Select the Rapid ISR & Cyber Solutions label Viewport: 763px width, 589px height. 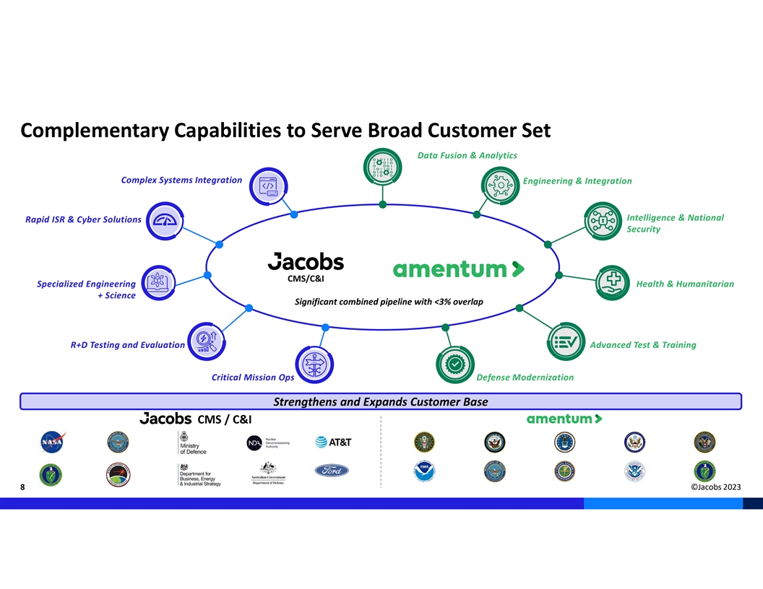click(x=83, y=219)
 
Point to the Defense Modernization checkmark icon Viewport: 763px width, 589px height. click(x=454, y=365)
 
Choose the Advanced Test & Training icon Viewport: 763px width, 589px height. click(x=566, y=341)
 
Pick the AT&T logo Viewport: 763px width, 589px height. click(x=333, y=442)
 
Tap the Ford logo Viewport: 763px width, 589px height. click(x=332, y=471)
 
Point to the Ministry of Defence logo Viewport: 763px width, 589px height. click(x=192, y=442)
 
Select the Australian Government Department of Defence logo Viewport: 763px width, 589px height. click(x=267, y=473)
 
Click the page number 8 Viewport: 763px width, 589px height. click(x=23, y=488)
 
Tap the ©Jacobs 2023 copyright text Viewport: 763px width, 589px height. click(x=715, y=487)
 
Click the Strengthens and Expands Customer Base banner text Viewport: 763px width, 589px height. click(x=380, y=402)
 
